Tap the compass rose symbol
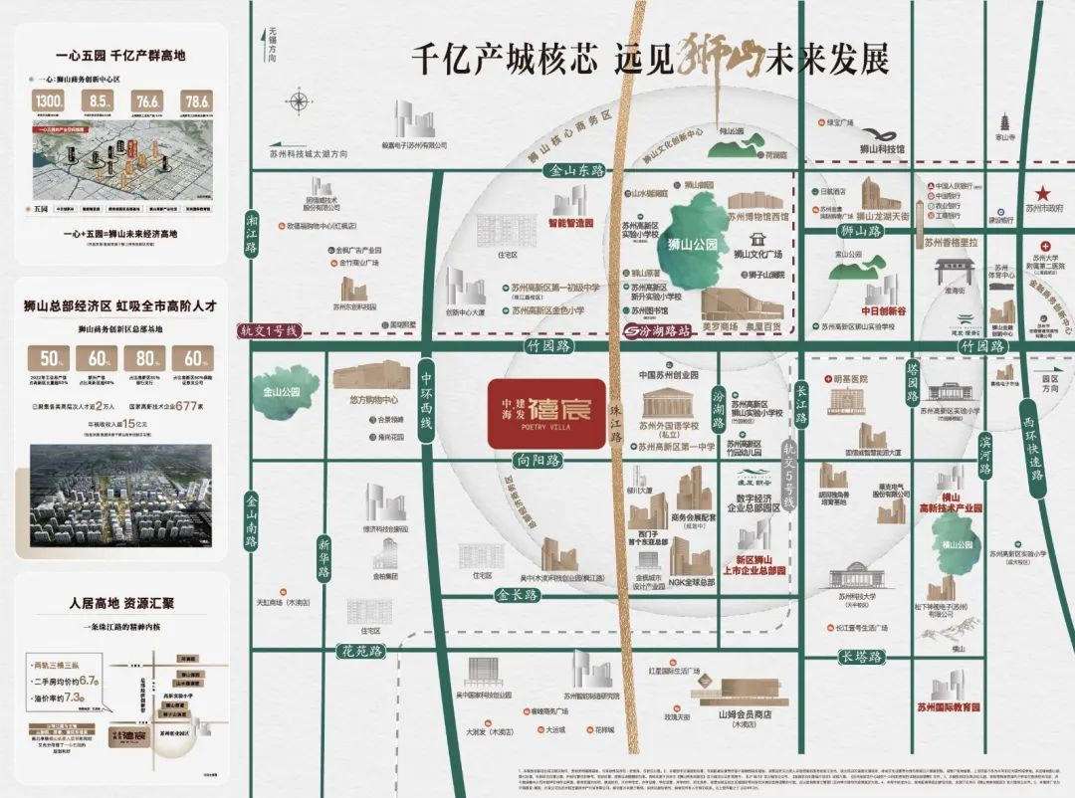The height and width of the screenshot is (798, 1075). [x=298, y=101]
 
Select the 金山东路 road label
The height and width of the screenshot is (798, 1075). [x=577, y=171]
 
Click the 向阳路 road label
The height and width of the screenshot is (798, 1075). [x=539, y=461]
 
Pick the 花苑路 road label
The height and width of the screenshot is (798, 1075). [x=361, y=652]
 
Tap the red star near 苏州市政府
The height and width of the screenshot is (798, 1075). [x=1043, y=192]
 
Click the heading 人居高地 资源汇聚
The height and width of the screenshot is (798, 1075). [x=122, y=603]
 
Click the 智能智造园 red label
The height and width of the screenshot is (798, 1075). [x=572, y=223]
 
